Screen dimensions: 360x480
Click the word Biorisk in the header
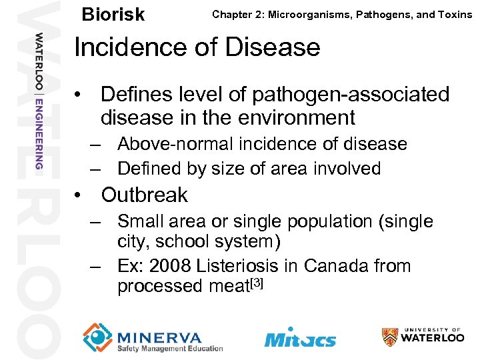point(113,14)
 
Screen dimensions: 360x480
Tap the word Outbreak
point(144,195)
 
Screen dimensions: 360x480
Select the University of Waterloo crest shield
point(391,337)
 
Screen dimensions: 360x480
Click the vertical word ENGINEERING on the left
point(40,133)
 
